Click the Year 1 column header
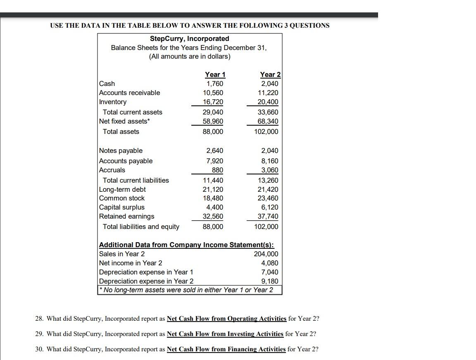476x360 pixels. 215,74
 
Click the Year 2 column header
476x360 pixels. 270,74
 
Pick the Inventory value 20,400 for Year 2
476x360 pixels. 268,102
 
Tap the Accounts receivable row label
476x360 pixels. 130,93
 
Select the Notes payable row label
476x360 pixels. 121,150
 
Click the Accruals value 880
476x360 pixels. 217,170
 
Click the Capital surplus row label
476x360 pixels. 122,207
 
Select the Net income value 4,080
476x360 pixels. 270,263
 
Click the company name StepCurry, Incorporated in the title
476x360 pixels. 189,38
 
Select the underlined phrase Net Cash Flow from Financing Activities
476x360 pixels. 226,349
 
